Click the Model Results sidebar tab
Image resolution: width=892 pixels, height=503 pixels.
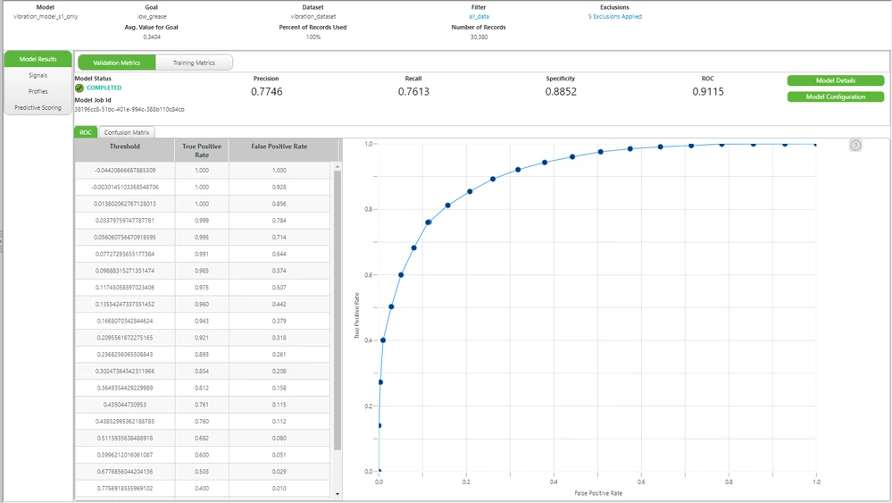coord(38,59)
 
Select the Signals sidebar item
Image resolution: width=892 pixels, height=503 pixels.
coord(38,75)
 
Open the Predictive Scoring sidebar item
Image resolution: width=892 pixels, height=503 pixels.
coord(38,107)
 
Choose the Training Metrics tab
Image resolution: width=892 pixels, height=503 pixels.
coord(193,63)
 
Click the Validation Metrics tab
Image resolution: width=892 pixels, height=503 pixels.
coord(117,63)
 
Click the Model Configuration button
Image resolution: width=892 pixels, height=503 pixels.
coord(835,96)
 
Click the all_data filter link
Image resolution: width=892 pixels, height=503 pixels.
coord(479,16)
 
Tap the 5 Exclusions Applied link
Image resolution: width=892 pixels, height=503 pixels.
coord(614,16)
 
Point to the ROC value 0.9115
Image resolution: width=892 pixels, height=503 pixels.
coord(707,91)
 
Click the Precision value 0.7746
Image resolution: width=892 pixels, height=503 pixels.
coord(266,91)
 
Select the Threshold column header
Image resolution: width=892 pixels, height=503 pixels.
coord(124,146)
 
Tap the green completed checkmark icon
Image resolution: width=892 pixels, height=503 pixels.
coord(79,88)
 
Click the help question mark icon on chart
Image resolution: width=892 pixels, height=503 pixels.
coord(854,146)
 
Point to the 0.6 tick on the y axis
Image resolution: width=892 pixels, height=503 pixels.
coord(367,275)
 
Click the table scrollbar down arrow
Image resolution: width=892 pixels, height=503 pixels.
coord(337,493)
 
